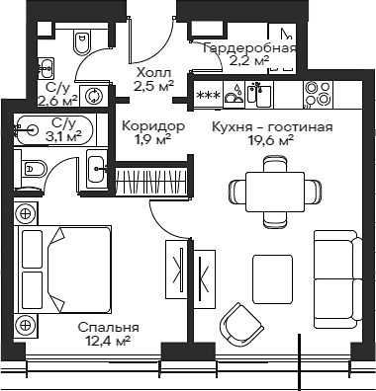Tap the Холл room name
pos(153,73)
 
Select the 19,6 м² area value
pos(271,141)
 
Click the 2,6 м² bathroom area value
pos(57,100)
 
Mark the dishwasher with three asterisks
pos(209,96)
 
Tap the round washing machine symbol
pos(94,96)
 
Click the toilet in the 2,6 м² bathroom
pos(81,42)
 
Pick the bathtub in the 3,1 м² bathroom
pos(55,128)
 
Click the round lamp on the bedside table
pos(25,211)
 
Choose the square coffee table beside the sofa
pos(272,277)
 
